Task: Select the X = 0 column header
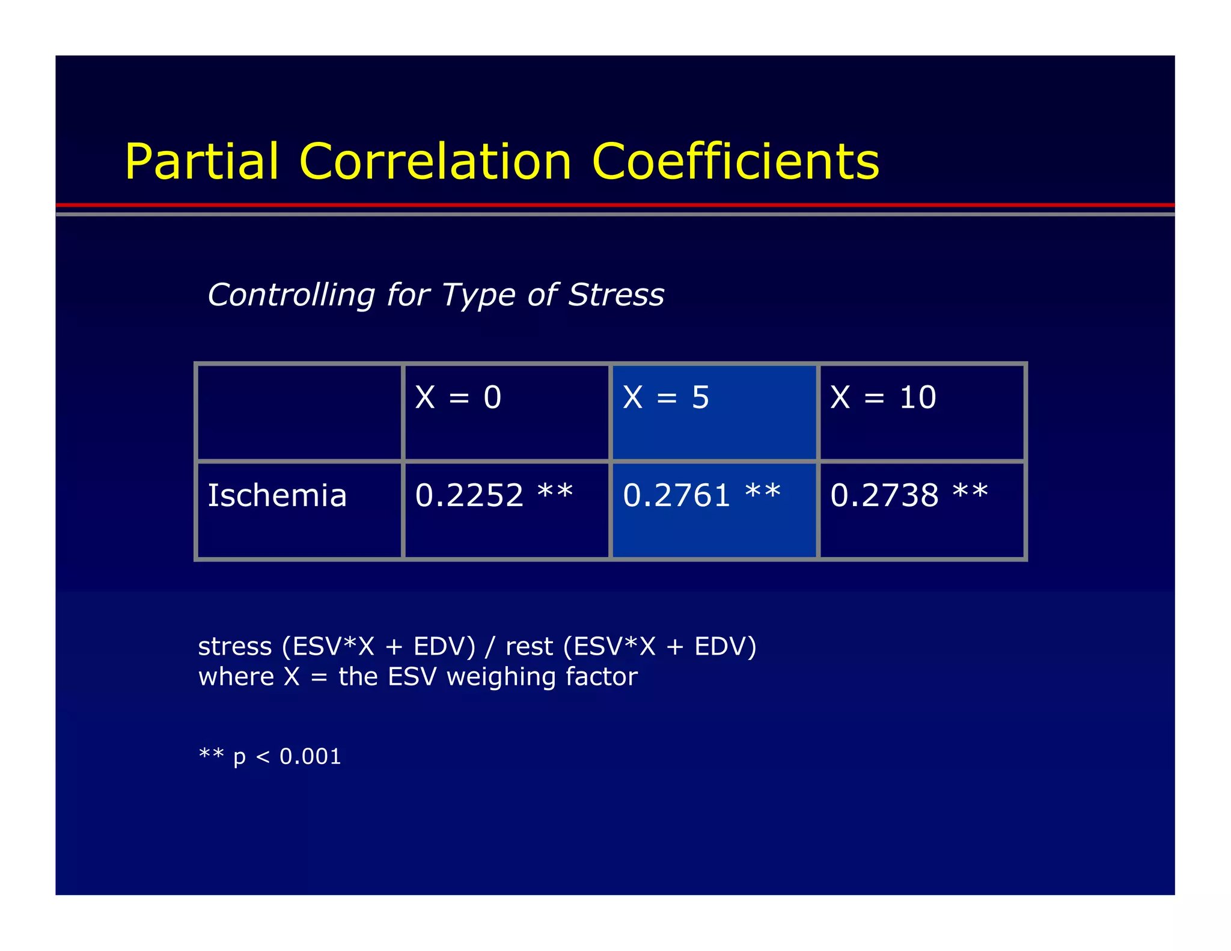(458, 397)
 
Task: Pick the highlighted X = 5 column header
(666, 397)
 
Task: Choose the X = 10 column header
(883, 397)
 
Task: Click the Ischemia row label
(277, 495)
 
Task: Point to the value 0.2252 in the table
(469, 495)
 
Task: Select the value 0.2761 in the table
(677, 495)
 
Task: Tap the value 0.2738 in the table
(884, 495)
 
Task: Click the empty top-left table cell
(299, 412)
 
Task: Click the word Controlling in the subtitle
(291, 295)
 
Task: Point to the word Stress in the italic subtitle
(616, 295)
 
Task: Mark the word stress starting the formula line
(235, 647)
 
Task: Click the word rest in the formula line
(529, 647)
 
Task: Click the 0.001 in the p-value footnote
(310, 756)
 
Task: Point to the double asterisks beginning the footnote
(212, 753)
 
